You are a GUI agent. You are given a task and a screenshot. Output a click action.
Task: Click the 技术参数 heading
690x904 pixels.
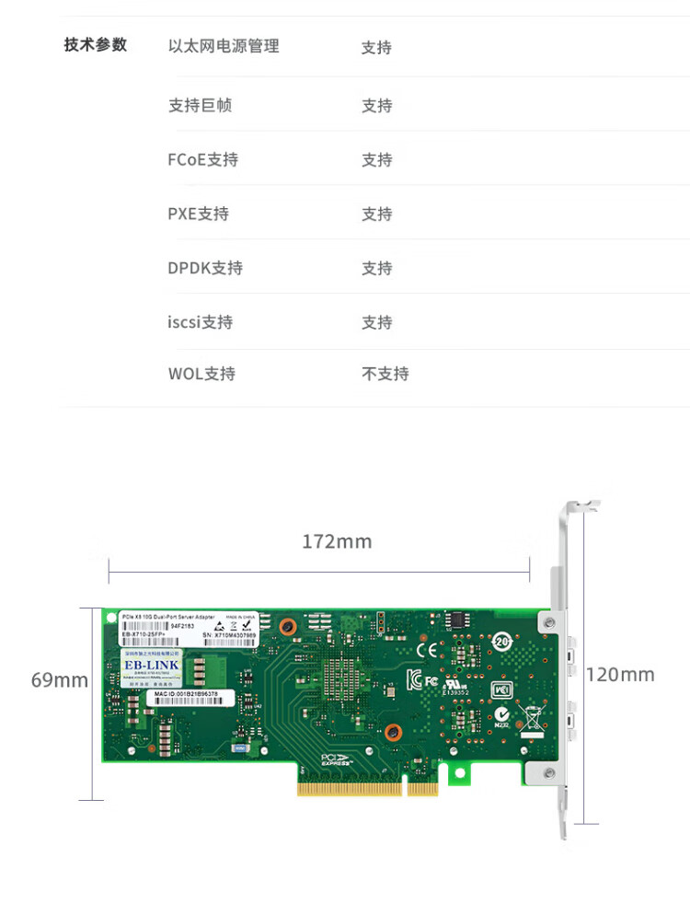point(96,45)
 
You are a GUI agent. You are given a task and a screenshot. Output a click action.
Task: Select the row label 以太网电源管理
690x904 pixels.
point(224,46)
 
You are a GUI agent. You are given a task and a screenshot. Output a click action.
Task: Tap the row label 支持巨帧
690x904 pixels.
point(200,106)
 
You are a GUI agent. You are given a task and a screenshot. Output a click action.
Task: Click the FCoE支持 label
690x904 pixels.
point(202,160)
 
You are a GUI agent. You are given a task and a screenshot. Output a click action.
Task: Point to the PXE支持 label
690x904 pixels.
point(198,214)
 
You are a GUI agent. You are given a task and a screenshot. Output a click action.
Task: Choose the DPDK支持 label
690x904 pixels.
point(204,269)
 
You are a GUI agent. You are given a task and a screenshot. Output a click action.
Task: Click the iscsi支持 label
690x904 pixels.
point(200,323)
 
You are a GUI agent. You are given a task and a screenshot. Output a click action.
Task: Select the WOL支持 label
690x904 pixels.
point(201,375)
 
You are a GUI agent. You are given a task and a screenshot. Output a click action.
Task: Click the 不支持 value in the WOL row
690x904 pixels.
point(385,375)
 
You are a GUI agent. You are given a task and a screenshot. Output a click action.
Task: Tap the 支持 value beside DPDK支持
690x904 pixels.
point(376,269)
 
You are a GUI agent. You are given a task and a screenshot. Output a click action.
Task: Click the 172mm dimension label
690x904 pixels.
point(337,542)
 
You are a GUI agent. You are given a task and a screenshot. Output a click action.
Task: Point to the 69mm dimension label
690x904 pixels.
point(60,681)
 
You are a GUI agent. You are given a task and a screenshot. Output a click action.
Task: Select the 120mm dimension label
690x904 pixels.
point(620,675)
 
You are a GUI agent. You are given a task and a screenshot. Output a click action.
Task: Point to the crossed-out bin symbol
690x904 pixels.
point(532,716)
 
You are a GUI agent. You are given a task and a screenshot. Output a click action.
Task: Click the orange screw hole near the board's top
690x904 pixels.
point(287,626)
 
